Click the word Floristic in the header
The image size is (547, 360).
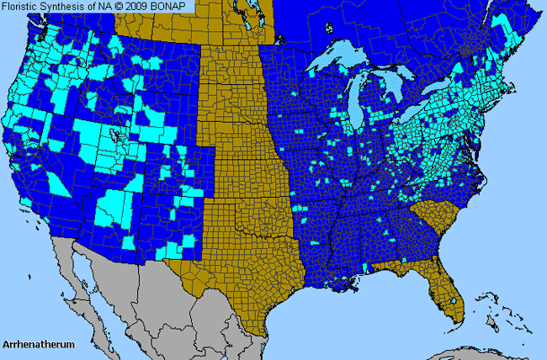24,7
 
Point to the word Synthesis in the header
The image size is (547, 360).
70,7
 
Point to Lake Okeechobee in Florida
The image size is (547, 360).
454,299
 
